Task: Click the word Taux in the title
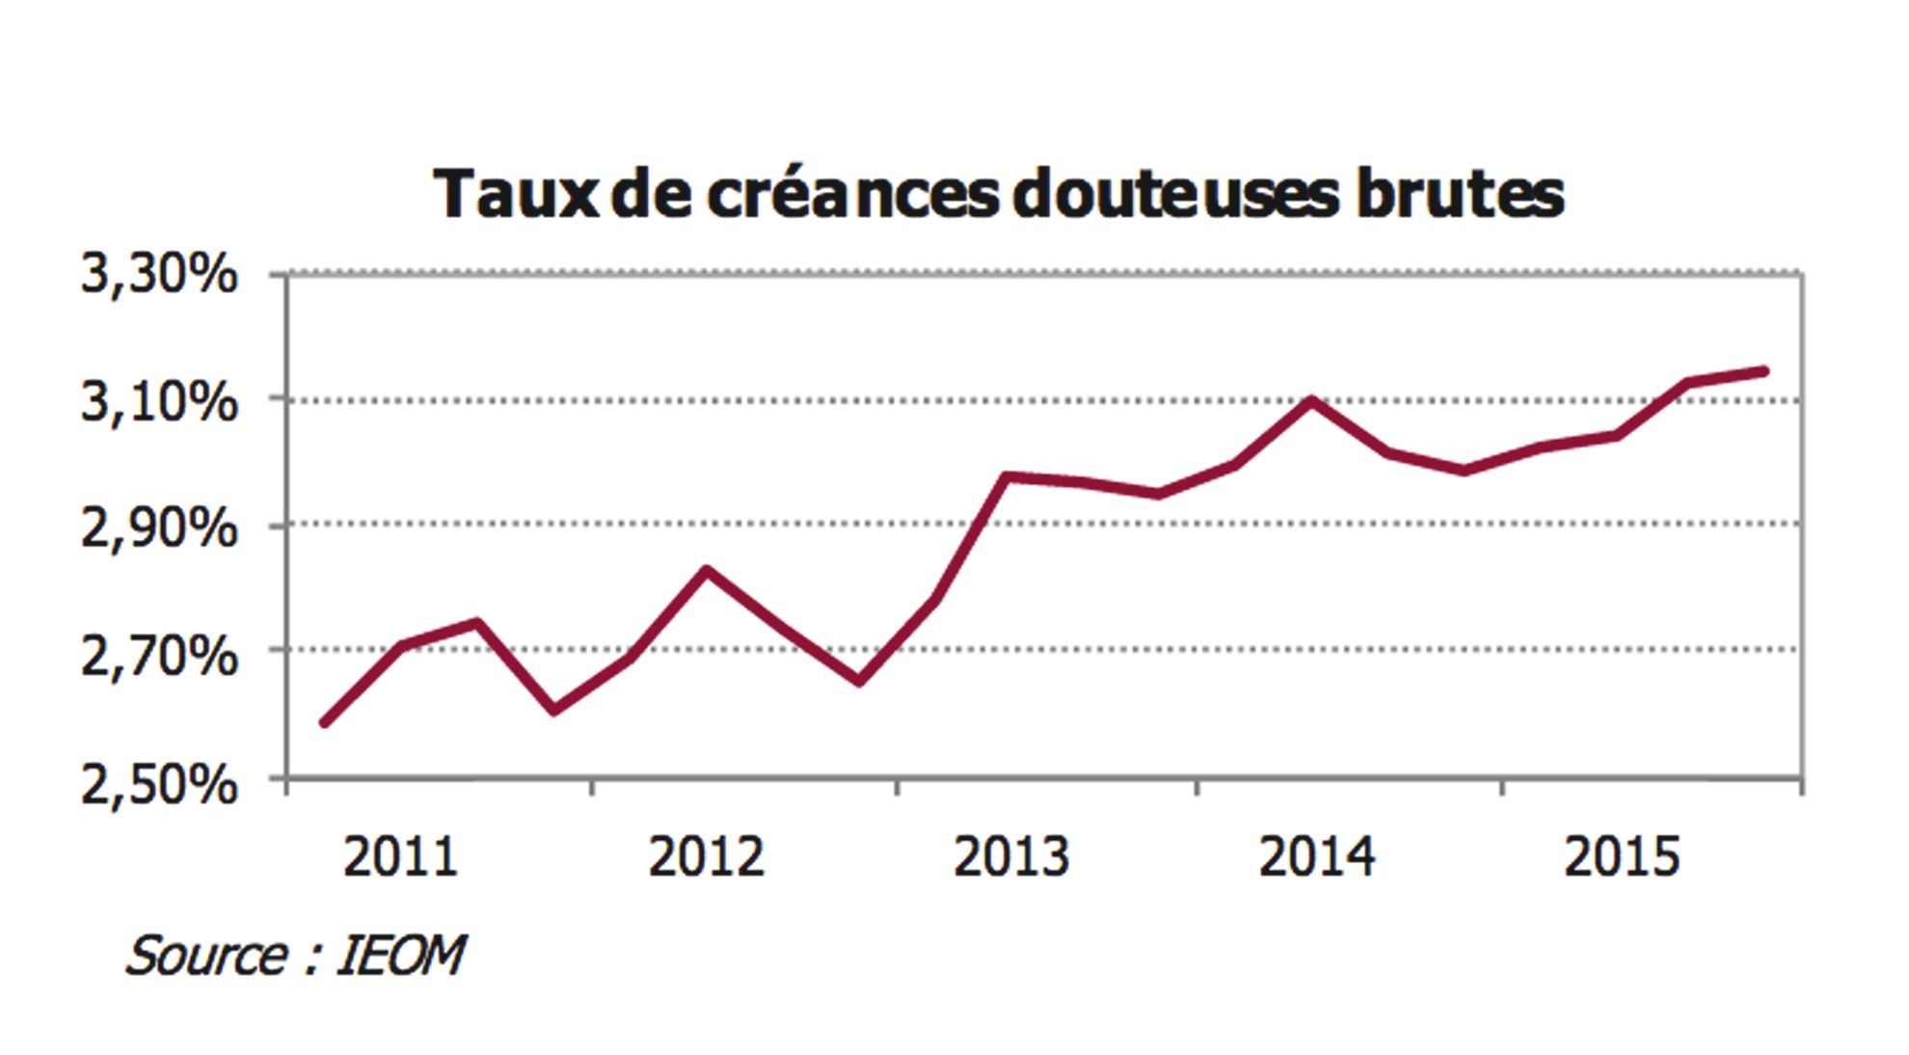516,194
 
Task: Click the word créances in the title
852,194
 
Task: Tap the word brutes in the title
1460,194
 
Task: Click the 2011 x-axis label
400,856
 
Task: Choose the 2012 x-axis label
706,856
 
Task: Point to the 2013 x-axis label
1011,856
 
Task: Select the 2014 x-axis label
1317,856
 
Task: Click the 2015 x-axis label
1622,856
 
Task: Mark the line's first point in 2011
325,721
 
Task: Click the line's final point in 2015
1764,370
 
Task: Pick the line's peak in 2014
1312,399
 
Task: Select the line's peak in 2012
706,570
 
